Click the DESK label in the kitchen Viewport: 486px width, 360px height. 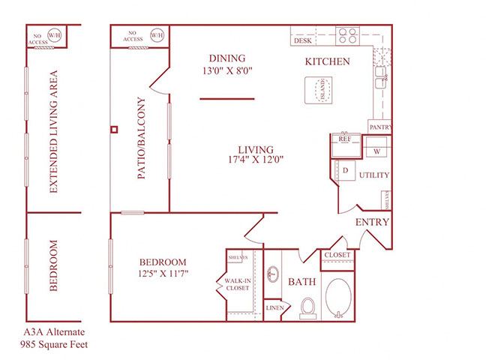[x=303, y=40]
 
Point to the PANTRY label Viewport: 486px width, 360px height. [x=379, y=128]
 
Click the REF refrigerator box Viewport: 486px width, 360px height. [x=345, y=139]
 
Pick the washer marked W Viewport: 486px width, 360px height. [x=376, y=150]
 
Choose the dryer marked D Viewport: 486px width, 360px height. [x=346, y=170]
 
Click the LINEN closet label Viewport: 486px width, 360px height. [x=274, y=308]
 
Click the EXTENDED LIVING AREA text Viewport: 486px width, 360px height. [x=53, y=133]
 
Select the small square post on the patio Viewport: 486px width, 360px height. [x=114, y=129]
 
